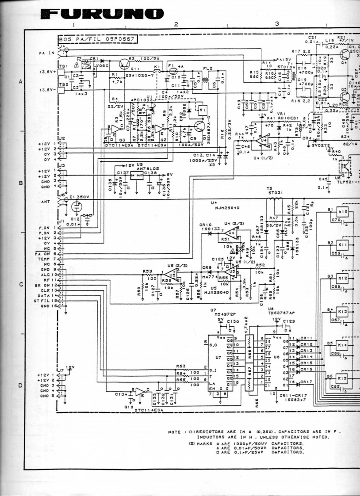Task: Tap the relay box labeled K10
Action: point(345,212)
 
